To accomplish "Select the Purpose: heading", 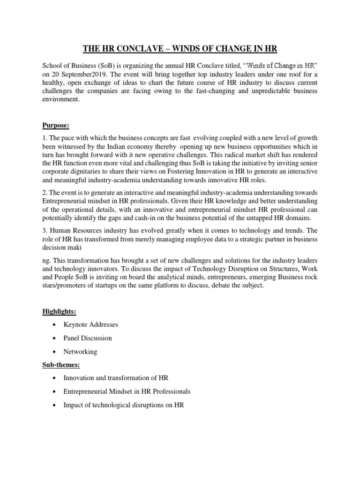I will pyautogui.click(x=55, y=126).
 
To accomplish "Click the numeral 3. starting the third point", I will pyautogui.click(x=45, y=231).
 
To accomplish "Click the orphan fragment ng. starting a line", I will pyautogui.click(x=46, y=260).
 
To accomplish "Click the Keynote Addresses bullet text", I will pyautogui.click(x=91, y=324).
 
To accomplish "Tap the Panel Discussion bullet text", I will pyautogui.click(x=88, y=338).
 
